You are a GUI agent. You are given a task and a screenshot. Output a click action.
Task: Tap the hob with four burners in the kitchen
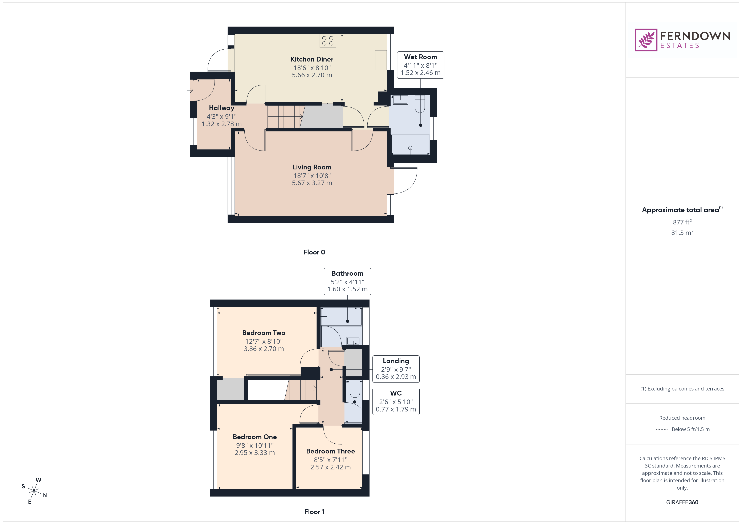(x=328, y=41)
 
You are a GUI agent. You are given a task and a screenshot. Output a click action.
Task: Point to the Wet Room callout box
(x=420, y=65)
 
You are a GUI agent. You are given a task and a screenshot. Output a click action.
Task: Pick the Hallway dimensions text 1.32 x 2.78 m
(x=221, y=124)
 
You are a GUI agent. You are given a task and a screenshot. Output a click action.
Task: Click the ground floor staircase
(x=284, y=117)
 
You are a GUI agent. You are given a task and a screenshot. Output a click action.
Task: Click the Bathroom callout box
(x=347, y=281)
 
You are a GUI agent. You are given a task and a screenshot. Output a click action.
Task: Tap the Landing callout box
(x=396, y=369)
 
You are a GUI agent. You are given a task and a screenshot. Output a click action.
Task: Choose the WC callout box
(x=396, y=401)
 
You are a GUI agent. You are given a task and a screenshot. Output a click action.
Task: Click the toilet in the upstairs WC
(x=355, y=389)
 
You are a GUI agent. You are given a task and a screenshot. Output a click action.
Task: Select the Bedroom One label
(x=255, y=437)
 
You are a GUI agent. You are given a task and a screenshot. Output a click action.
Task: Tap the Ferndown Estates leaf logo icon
(x=646, y=40)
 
